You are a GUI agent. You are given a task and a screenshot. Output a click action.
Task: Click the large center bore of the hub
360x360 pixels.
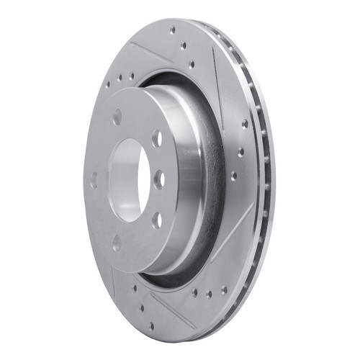click(x=130, y=179)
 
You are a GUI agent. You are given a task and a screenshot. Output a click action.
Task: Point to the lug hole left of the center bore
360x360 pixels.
click(x=94, y=180)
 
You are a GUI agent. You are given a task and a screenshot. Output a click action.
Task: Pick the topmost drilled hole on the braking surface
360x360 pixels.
click(x=173, y=30)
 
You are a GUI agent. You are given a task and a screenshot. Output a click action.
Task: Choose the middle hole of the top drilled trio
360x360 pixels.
click(x=183, y=45)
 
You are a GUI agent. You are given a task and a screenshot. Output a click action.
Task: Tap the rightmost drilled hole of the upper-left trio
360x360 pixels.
click(x=132, y=75)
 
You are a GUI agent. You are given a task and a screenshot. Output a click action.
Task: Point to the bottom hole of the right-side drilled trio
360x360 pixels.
click(x=233, y=175)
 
